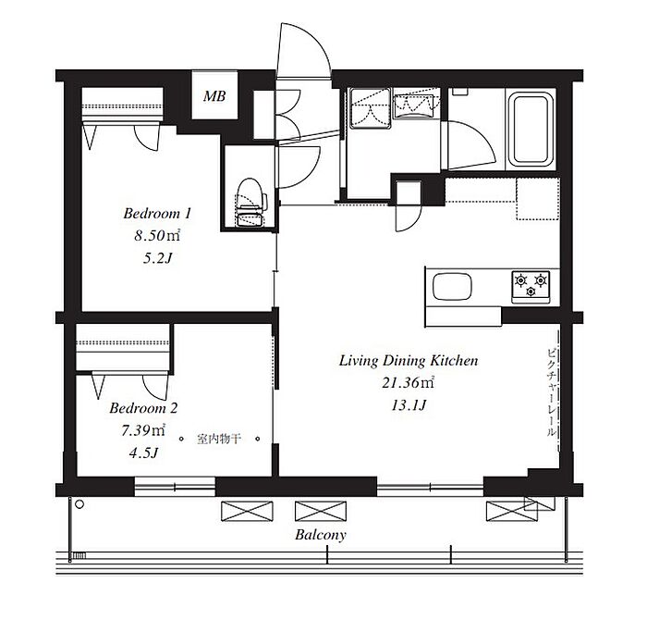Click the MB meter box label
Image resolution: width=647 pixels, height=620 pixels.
214,96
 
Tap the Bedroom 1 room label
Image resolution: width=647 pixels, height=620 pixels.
157,214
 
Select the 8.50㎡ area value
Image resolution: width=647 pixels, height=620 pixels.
157,236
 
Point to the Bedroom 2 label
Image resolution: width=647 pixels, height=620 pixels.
143,408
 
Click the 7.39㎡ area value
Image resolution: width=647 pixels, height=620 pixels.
143,430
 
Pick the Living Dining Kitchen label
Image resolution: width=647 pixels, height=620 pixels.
409,361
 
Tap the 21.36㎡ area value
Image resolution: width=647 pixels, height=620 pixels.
409,383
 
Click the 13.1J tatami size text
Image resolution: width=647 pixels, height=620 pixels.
409,405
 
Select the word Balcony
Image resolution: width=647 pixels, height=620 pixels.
320,535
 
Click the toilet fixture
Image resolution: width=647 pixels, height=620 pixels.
250,203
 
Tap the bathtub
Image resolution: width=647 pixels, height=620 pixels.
531,130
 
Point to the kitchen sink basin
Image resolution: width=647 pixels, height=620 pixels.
452,286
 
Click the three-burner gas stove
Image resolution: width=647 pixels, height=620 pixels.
531,286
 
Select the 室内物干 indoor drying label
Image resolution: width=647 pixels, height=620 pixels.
218,439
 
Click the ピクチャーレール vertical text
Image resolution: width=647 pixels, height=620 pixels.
551,392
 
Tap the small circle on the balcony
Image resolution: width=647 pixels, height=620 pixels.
80,504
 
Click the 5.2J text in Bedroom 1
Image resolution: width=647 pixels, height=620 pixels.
157,258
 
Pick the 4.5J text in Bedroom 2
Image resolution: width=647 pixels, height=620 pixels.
143,453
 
